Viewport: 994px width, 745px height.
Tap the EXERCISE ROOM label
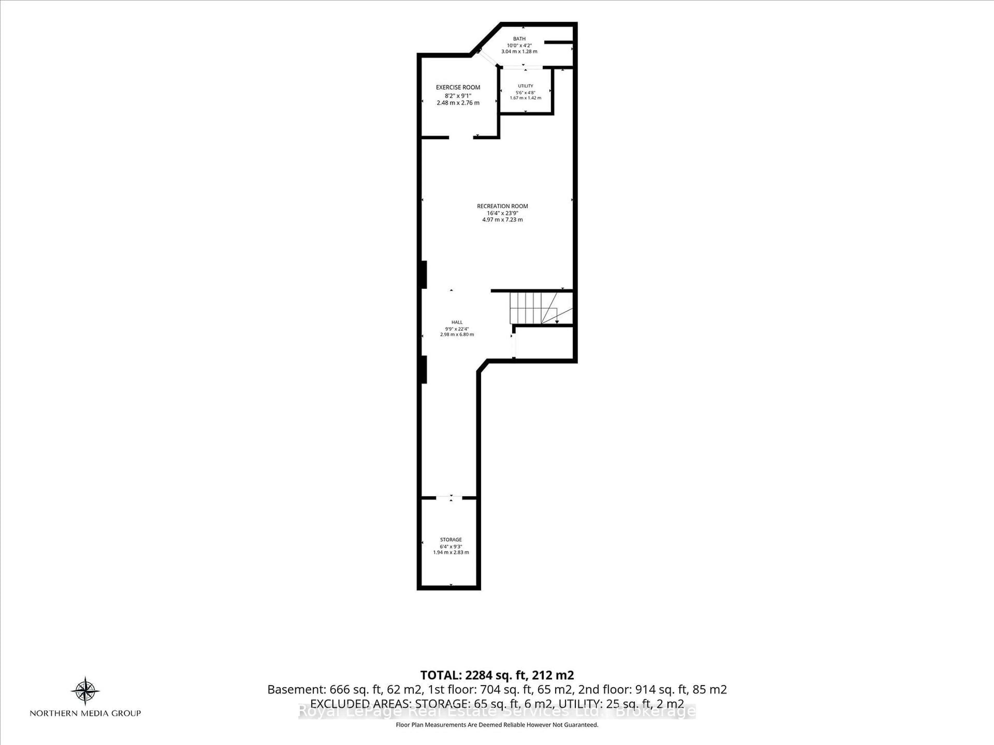(458, 87)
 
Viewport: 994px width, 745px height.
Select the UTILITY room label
(525, 86)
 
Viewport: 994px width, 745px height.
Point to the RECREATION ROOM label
(502, 206)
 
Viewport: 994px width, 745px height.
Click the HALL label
(457, 322)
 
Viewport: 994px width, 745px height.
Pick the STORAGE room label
(451, 539)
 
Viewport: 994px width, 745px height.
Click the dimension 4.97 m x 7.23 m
(502, 220)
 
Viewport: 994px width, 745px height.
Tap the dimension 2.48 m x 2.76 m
(458, 103)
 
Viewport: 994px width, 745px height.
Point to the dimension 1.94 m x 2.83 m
(451, 552)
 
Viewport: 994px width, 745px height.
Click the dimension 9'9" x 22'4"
(457, 328)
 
